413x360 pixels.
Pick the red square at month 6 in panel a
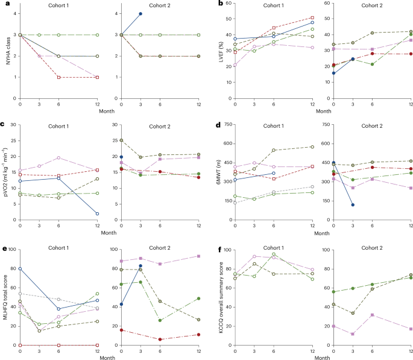point(58,77)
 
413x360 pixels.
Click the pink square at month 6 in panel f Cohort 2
point(371,315)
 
